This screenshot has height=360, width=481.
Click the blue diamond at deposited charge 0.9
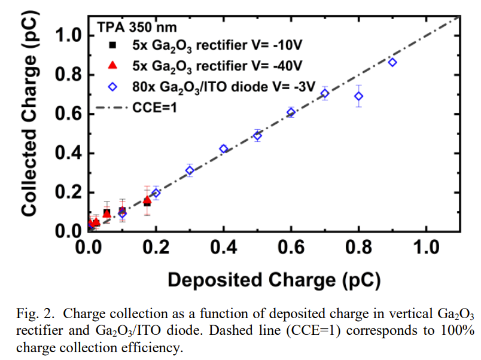coord(392,62)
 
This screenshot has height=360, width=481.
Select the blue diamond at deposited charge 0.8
coord(359,96)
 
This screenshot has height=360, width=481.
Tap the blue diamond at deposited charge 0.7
coord(325,93)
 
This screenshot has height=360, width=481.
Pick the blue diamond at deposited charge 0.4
coord(224,149)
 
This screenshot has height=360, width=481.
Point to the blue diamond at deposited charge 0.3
coord(190,170)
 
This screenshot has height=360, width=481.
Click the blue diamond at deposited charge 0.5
coord(257,136)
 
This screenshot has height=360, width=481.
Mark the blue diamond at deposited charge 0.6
coord(291,112)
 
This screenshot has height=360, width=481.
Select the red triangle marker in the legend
coord(112,65)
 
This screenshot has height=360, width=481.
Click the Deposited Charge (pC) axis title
coord(274,279)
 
